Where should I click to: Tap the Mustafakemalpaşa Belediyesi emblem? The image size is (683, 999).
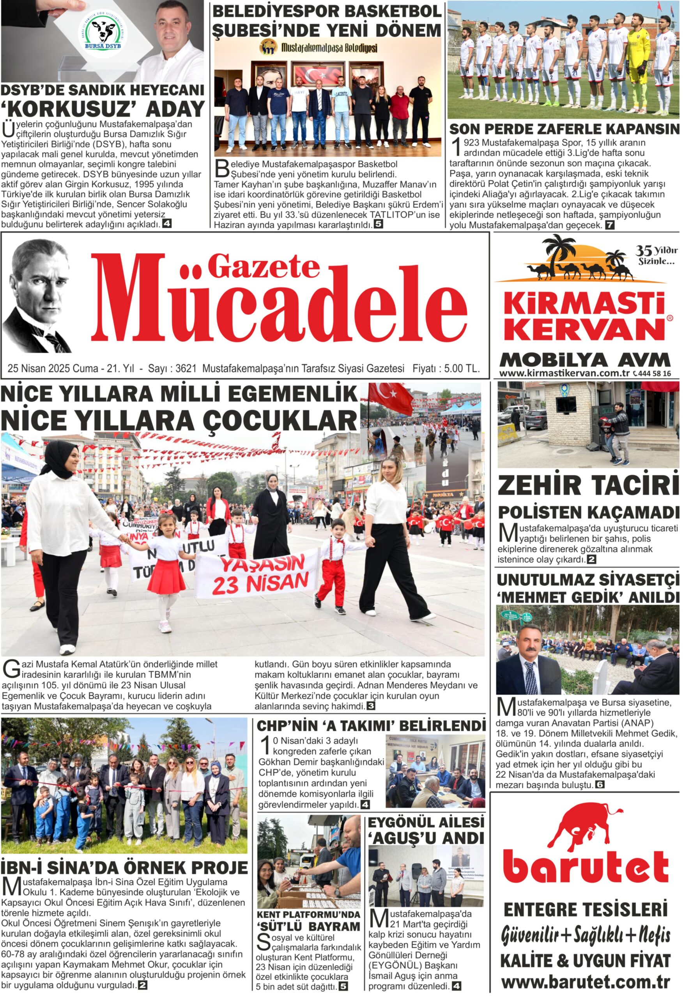tap(269, 47)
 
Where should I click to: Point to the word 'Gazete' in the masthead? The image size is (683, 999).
tap(264, 267)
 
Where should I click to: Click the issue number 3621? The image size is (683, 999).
tap(186, 368)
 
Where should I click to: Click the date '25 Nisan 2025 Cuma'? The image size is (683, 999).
tap(53, 368)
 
